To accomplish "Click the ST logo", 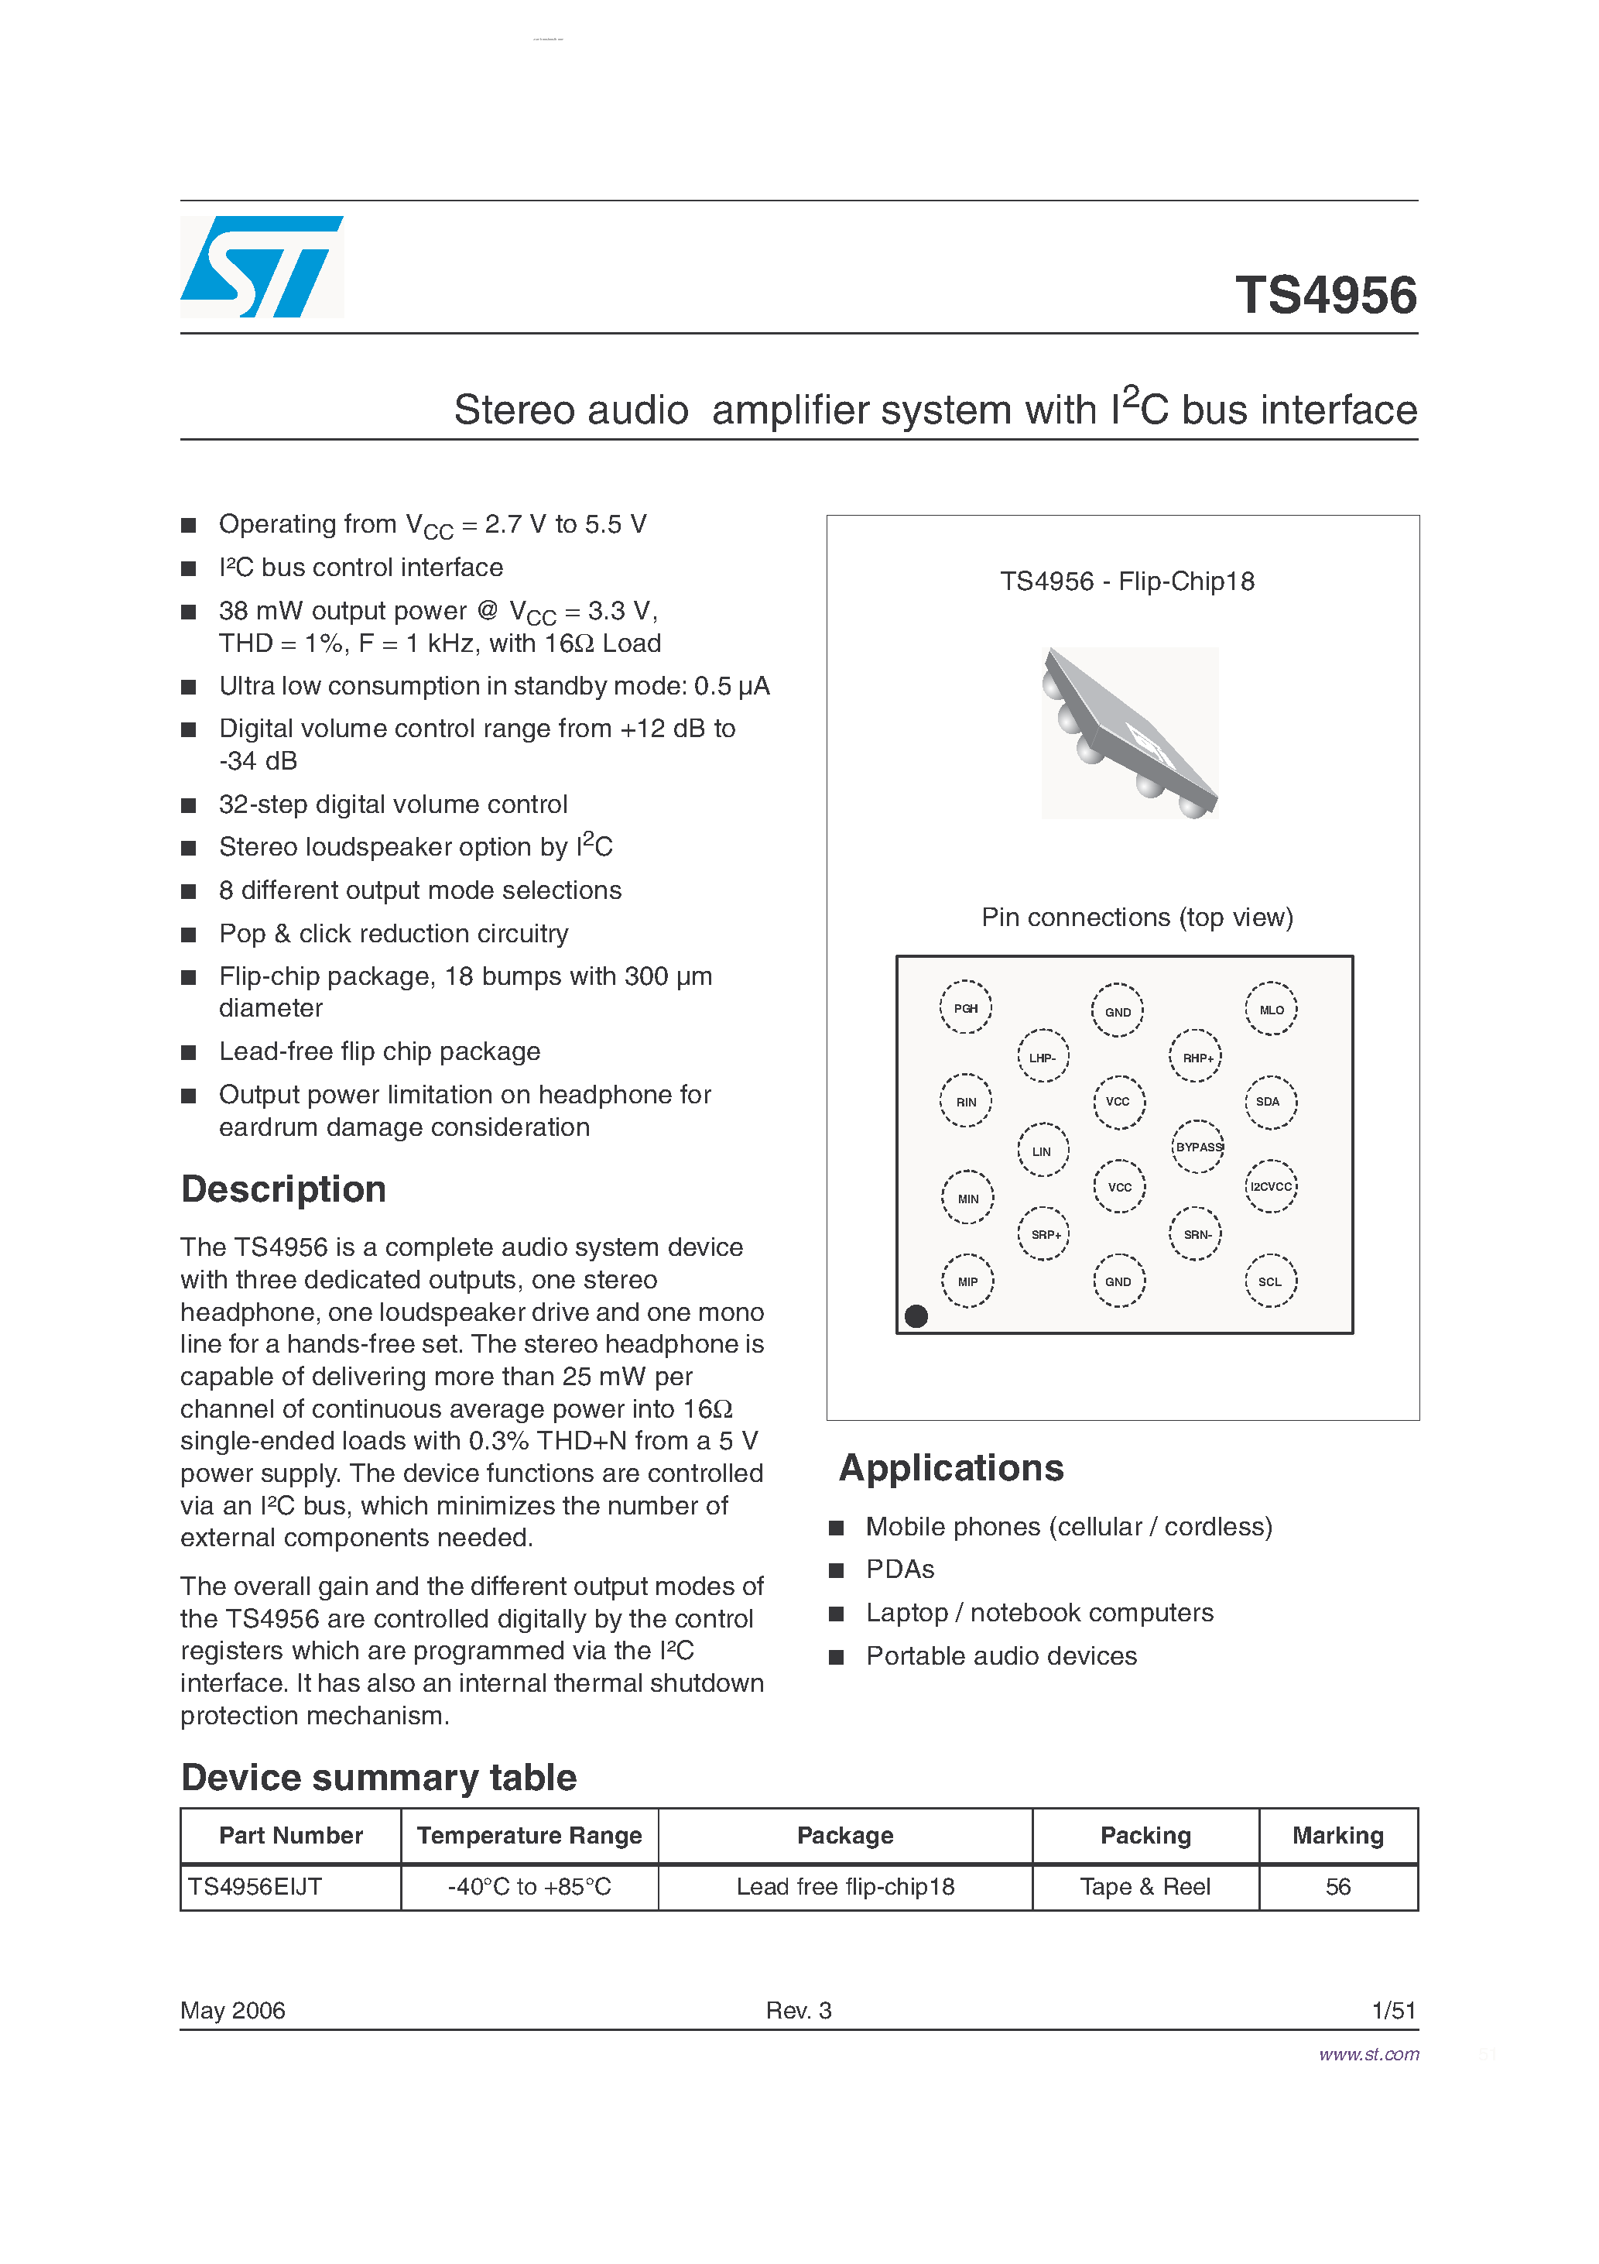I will (x=262, y=266).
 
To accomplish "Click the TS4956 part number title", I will (x=1325, y=295).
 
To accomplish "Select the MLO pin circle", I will (x=1271, y=1009).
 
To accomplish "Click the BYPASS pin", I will (x=1198, y=1147).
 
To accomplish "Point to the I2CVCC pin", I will (x=1270, y=1186).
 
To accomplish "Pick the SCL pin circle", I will (x=1270, y=1281).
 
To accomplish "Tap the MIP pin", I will (x=967, y=1281).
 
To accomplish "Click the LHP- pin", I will (x=1042, y=1057).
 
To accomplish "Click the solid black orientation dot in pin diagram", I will (x=916, y=1316).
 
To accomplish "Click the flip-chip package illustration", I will (x=1130, y=732).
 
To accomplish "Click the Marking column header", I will (x=1337, y=1835).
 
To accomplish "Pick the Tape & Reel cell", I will (x=1145, y=1886).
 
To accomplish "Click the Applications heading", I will (x=950, y=1467).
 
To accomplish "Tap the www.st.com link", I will (x=1368, y=2054).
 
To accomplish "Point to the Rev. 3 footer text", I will (x=799, y=2009).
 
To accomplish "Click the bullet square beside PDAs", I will (x=836, y=1569).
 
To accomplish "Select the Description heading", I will (x=283, y=1189).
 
